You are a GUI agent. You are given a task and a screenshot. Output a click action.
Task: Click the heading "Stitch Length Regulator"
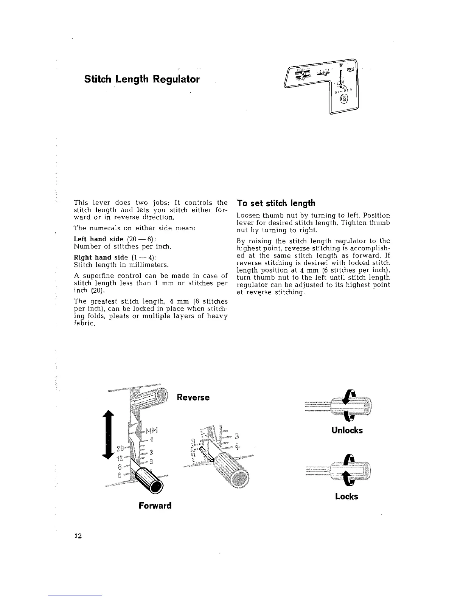[141, 79]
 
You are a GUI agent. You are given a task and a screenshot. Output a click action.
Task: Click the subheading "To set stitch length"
[276, 203]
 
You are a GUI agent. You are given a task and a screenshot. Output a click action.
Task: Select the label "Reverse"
[193, 397]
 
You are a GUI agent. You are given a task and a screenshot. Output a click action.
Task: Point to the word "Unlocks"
[347, 430]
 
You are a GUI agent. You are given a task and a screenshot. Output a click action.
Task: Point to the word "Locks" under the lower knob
[346, 497]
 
